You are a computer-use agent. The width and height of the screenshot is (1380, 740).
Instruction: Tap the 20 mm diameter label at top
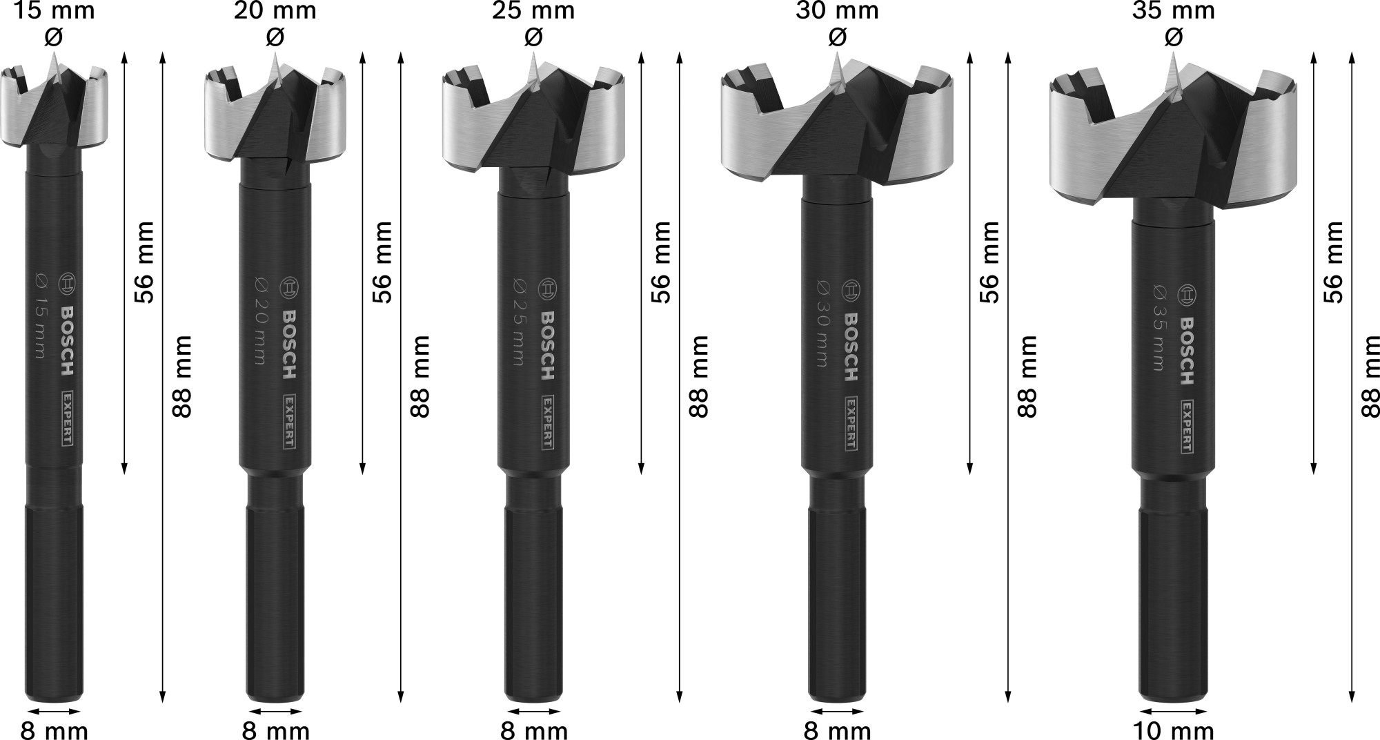[275, 11]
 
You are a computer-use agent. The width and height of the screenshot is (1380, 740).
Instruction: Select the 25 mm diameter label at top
[533, 11]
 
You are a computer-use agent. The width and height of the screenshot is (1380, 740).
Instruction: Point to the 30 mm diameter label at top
[836, 11]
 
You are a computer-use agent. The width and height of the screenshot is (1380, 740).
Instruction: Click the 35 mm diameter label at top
[1173, 11]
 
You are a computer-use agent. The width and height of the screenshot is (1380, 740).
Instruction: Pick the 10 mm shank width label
[1173, 730]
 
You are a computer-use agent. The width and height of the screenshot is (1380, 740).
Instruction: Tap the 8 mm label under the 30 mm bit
[836, 730]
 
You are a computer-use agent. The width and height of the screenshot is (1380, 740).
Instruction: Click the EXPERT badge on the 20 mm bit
[288, 421]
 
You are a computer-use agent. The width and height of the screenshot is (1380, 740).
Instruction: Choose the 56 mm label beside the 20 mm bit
[383, 262]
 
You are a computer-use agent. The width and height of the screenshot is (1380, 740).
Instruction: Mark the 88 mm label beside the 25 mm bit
[698, 376]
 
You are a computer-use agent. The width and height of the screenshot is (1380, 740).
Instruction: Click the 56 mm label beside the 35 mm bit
[1333, 262]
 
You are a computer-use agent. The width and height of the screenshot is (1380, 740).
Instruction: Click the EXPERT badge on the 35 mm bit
[1187, 426]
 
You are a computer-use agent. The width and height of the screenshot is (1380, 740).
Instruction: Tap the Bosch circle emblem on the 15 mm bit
[67, 284]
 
